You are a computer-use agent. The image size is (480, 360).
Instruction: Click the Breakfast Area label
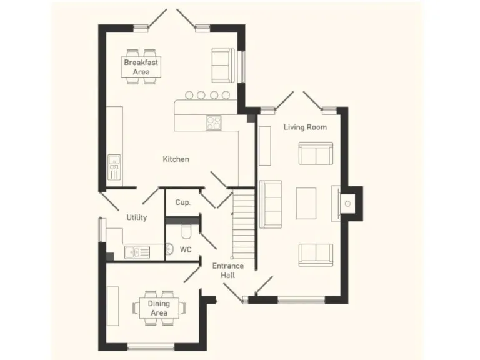pos(141,67)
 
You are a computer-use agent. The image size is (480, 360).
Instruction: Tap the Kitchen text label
pos(176,159)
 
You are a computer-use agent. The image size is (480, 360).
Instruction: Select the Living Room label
pos(305,127)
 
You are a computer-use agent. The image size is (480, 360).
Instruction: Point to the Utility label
pos(137,217)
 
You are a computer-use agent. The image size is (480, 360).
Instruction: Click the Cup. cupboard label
pos(182,202)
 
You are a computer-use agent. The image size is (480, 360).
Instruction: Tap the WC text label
pos(186,249)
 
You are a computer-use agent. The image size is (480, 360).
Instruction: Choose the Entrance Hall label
pos(227,270)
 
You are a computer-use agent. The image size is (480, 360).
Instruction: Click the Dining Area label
pos(159,308)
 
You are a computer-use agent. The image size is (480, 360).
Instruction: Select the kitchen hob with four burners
pos(214,123)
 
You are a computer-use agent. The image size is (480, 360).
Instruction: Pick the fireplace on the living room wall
pos(347,203)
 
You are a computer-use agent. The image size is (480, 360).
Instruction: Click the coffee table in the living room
pos(307,203)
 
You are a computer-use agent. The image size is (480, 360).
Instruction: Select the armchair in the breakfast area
pos(222,64)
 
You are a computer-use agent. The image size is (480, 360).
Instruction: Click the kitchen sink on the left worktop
pos(114,167)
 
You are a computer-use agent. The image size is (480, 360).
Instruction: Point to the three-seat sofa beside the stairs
pos(271,204)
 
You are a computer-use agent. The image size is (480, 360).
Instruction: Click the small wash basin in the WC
pos(169,250)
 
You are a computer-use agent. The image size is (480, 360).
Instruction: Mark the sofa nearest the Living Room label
pos(316,153)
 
